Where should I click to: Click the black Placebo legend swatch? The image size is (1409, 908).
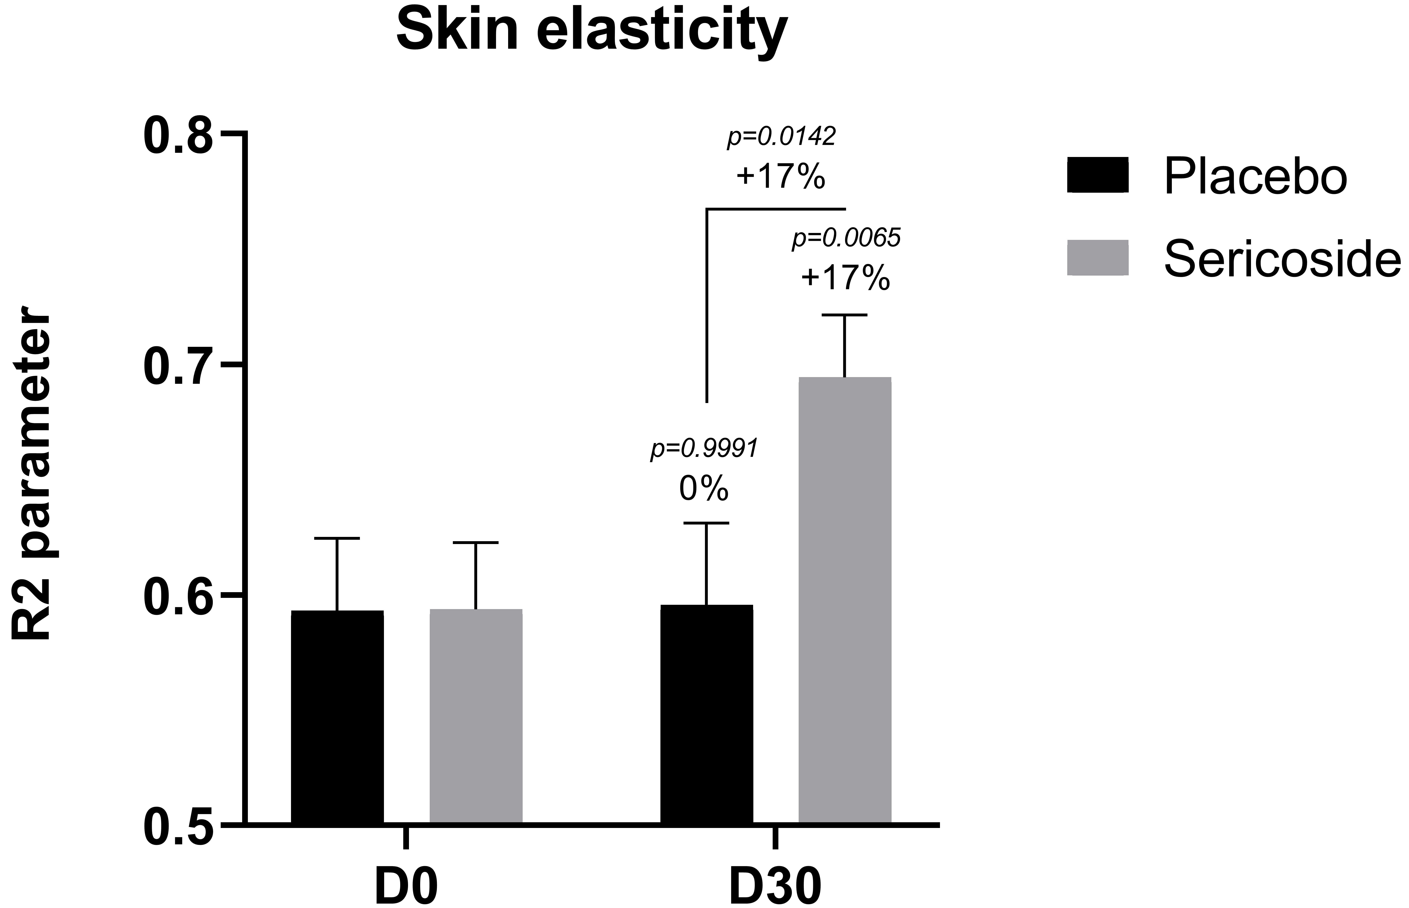click(1098, 175)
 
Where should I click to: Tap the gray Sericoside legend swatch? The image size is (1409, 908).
click(1098, 258)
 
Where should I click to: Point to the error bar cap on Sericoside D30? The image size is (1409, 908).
click(845, 315)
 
